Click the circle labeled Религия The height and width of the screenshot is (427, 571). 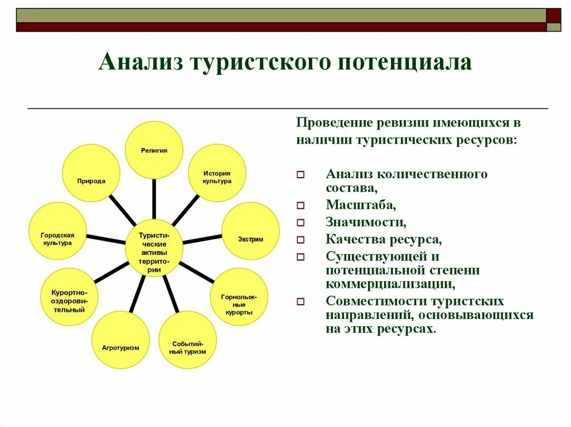pyautogui.click(x=154, y=150)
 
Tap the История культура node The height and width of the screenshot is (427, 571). pyautogui.click(x=216, y=177)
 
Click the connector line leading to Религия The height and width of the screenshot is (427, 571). pyautogui.click(x=154, y=199)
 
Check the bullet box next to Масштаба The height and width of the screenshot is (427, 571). pyautogui.click(x=301, y=206)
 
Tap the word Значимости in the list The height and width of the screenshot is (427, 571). pyautogui.click(x=366, y=222)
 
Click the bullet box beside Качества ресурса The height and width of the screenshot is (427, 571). pyautogui.click(x=301, y=241)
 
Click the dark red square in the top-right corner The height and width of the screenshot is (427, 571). pyautogui.click(x=554, y=15)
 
